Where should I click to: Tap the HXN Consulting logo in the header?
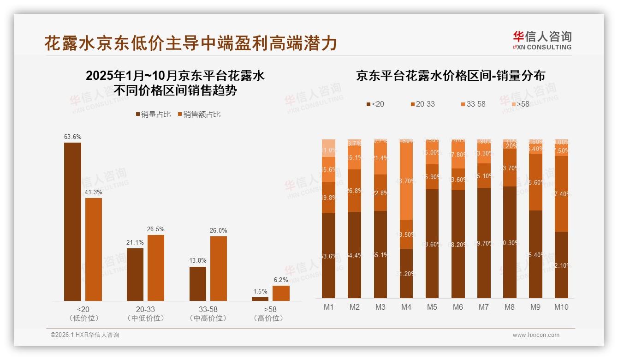coord(542,41)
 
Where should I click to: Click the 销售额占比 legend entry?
coord(199,114)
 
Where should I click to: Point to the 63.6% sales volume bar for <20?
coord(72,222)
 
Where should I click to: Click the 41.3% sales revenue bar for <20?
coord(94,249)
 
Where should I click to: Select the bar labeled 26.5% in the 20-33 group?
coord(156,268)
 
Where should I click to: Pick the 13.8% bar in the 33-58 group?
coord(198,283)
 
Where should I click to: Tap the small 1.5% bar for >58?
coord(260,299)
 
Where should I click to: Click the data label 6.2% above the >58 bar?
coord(280,280)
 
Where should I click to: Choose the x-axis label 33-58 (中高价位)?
coord(208,313)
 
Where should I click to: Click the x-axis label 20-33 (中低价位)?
coord(145,313)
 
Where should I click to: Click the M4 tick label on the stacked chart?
coord(406,307)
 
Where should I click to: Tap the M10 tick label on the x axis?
coord(561,307)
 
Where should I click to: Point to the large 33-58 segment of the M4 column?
coord(406,180)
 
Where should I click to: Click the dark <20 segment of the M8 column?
coord(510,242)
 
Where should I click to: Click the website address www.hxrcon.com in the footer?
coord(535,335)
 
